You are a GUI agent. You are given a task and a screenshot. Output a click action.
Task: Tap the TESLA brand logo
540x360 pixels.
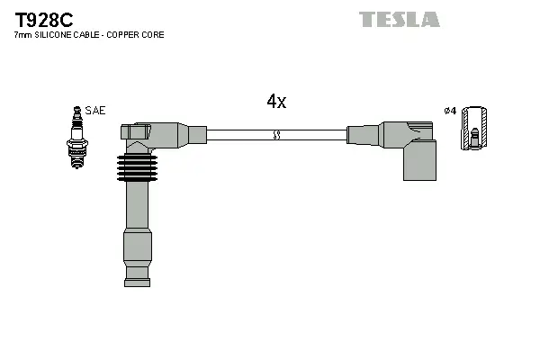point(399,19)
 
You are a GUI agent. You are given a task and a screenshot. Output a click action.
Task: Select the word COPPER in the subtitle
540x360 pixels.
point(126,35)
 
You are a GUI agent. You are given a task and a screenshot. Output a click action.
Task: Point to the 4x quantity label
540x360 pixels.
point(276,102)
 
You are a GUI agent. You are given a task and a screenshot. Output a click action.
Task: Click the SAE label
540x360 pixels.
point(97,110)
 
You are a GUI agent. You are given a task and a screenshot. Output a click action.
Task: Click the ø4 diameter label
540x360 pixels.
point(450,111)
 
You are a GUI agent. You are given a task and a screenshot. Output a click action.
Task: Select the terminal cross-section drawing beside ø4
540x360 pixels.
point(475,129)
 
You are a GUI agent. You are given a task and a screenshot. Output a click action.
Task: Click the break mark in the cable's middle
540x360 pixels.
point(277,135)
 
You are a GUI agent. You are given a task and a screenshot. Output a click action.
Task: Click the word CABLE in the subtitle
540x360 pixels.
point(89,35)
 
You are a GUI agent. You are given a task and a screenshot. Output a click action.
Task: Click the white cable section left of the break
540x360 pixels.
point(238,135)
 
